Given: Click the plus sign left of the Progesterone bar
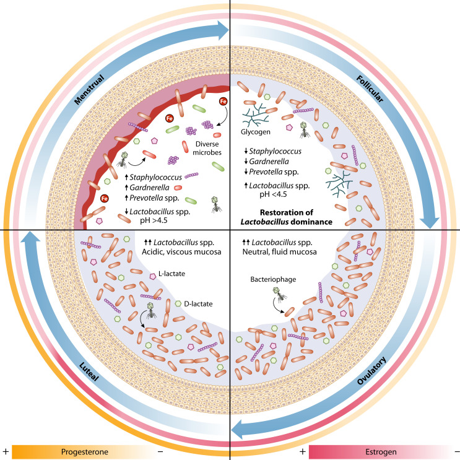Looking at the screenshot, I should [x=6, y=450].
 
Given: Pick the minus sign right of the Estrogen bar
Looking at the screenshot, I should [x=454, y=450].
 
